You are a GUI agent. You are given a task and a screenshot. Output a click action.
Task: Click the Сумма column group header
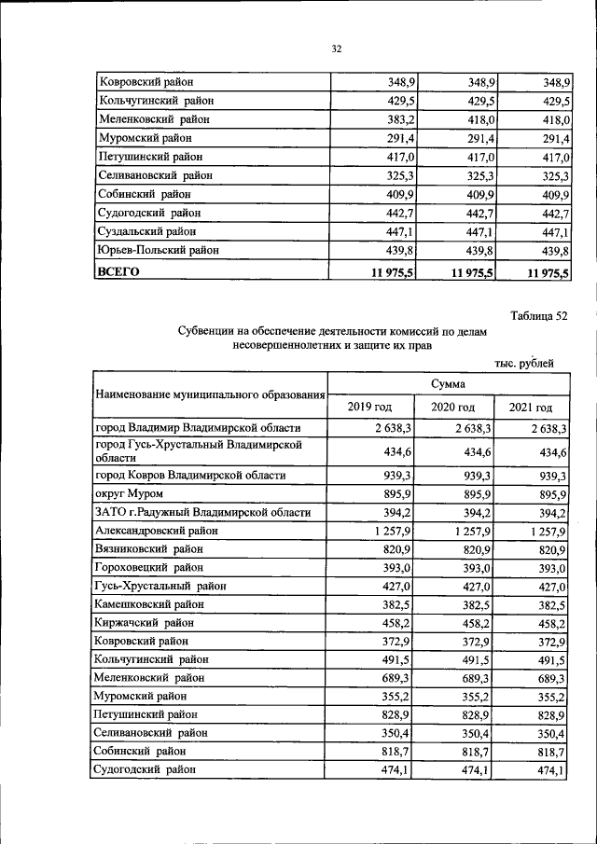(x=449, y=383)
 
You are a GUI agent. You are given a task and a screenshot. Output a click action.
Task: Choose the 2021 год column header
(x=530, y=408)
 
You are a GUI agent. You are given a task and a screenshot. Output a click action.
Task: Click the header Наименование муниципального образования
(x=210, y=396)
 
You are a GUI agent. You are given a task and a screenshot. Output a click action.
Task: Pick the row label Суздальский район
(x=146, y=231)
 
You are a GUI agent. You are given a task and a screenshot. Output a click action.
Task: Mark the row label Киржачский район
(x=145, y=623)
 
